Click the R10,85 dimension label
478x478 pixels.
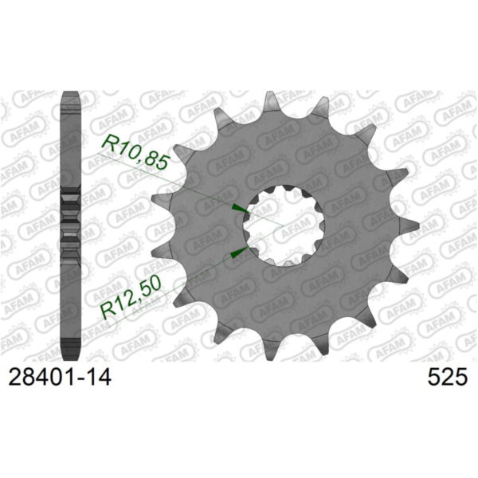135,153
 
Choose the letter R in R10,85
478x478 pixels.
108,140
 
